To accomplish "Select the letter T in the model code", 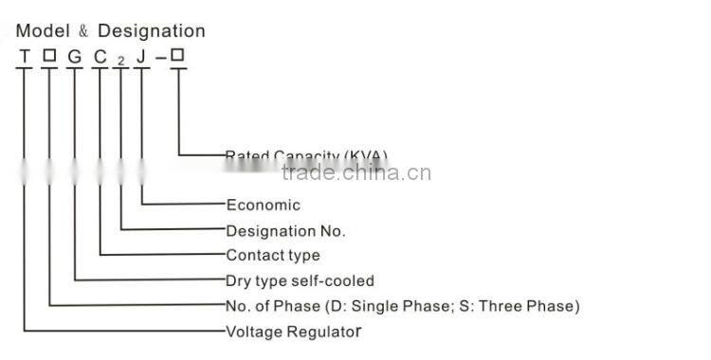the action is (x=23, y=57).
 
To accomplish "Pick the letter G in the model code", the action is (x=74, y=57).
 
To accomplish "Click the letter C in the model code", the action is (x=100, y=57).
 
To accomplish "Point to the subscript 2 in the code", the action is (x=120, y=61).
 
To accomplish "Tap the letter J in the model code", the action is (x=140, y=57).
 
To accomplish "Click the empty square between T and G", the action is (x=48, y=56).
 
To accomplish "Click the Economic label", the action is (x=263, y=205).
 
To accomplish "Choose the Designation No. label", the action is (x=285, y=230).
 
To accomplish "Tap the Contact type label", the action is (x=273, y=255).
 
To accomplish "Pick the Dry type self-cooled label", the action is (x=300, y=280).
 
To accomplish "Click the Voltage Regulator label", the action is (x=294, y=332).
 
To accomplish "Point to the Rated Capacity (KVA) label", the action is (x=306, y=155).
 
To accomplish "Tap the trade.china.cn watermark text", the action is (x=356, y=172).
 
